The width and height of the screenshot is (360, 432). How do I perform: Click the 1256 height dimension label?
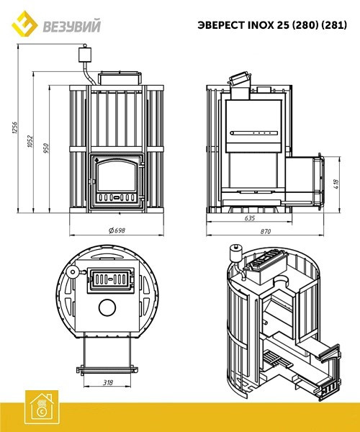pyautogui.click(x=14, y=128)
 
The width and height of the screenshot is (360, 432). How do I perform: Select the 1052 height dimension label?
pyautogui.click(x=30, y=141)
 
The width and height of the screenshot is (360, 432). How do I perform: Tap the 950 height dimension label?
pyautogui.click(x=46, y=148)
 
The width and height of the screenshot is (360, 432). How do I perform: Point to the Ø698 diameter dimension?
pyautogui.click(x=117, y=230)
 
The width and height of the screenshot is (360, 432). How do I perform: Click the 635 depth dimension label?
pyautogui.click(x=250, y=218)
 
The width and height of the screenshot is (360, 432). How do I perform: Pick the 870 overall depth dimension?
pyautogui.click(x=266, y=231)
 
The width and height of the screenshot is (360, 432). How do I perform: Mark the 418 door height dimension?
pyautogui.click(x=336, y=184)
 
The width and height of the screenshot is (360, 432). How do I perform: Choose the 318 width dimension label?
pyautogui.click(x=108, y=382)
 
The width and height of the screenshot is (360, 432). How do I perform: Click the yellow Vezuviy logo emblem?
pyautogui.click(x=24, y=24)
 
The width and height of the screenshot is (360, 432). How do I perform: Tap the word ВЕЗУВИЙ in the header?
pyautogui.click(x=71, y=27)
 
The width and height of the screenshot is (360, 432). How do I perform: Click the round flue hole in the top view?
pyautogui.click(x=107, y=307)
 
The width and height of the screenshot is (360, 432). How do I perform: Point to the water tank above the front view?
pyautogui.click(x=85, y=54)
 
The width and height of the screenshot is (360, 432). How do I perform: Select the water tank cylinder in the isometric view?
pyautogui.click(x=236, y=252)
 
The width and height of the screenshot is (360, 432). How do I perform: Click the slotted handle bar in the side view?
pyautogui.click(x=254, y=133)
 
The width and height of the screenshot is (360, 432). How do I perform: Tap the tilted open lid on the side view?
pyautogui.click(x=239, y=78)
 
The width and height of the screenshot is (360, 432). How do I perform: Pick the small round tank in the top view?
pyautogui.click(x=73, y=272)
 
